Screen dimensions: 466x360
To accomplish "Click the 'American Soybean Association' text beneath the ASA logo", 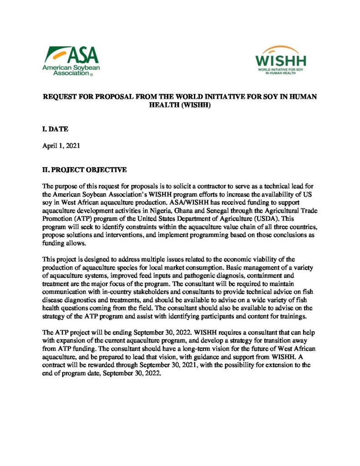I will (71, 71).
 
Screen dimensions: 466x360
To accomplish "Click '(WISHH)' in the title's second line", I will (197, 105).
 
